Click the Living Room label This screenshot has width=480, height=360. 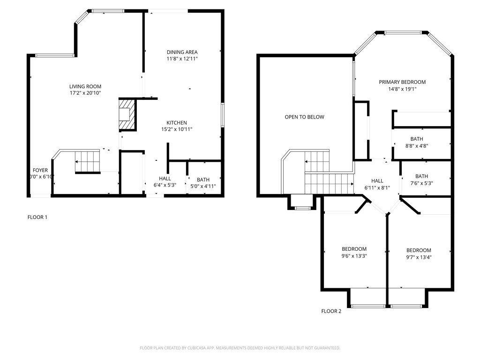click(x=85, y=86)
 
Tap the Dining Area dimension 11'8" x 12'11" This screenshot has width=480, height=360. click(x=182, y=59)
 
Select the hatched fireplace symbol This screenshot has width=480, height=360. click(x=126, y=114)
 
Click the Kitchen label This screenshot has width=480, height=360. click(x=177, y=123)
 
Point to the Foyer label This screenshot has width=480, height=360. click(x=40, y=170)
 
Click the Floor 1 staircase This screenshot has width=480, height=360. click(x=88, y=162)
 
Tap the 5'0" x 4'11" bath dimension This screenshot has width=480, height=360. click(x=203, y=186)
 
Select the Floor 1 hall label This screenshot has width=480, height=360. click(x=165, y=179)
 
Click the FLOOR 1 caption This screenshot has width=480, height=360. click(x=37, y=217)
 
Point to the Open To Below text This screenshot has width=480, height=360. click(x=304, y=117)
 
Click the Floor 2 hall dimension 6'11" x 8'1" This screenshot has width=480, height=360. click(x=377, y=187)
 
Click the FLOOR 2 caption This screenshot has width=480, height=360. click(x=331, y=311)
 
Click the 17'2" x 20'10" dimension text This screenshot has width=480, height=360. click(x=85, y=93)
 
